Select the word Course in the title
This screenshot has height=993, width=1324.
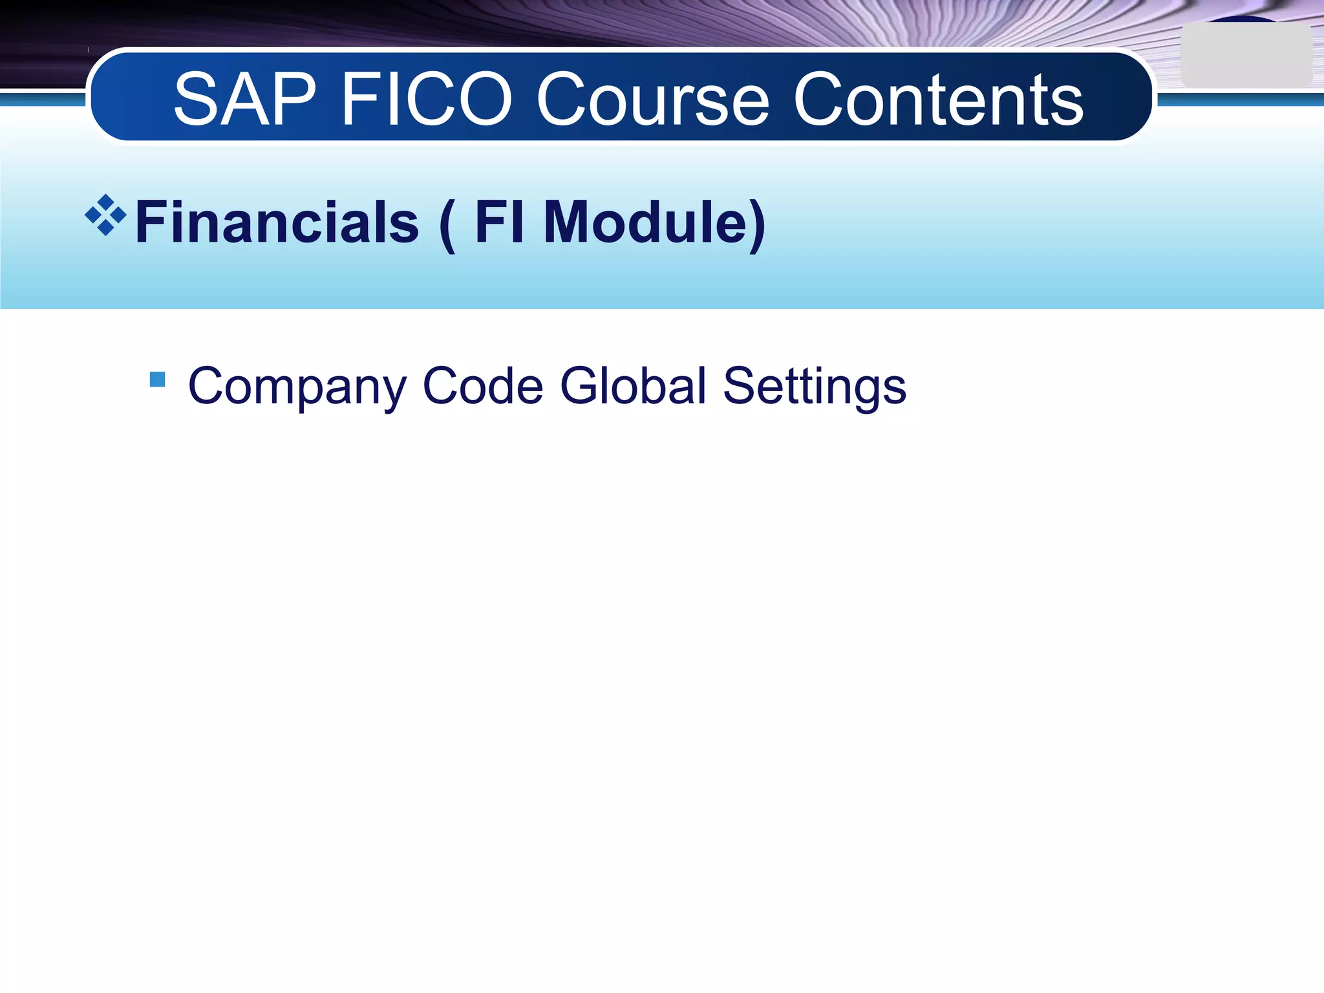pos(653,100)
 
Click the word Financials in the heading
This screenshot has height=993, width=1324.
pos(277,222)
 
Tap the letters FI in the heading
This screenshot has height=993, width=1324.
pos(498,222)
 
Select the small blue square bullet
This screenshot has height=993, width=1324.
pos(157,379)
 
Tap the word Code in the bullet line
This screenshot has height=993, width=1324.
pos(482,385)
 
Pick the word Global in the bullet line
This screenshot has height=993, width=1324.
pos(633,385)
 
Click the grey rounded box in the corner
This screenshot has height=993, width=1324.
pos(1246,56)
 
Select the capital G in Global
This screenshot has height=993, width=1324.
pos(579,385)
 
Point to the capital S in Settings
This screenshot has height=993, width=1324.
pos(740,385)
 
